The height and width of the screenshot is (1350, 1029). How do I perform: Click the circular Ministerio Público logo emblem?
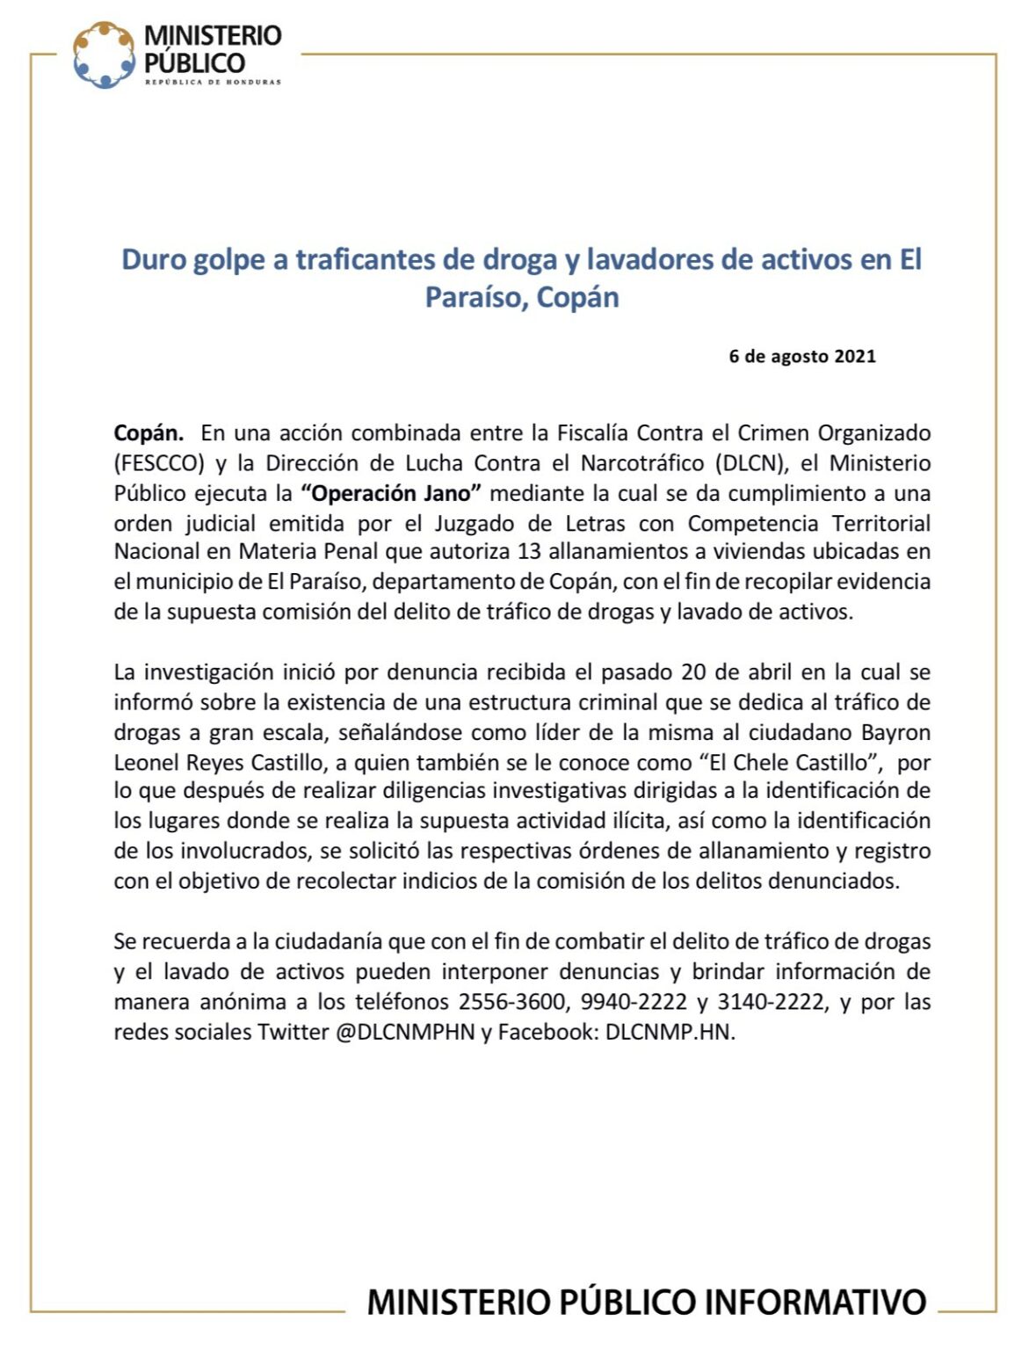pyautogui.click(x=105, y=54)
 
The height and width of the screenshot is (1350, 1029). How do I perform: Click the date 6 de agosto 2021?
pyautogui.click(x=801, y=356)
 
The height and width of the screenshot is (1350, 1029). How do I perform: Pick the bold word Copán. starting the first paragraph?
pyautogui.click(x=149, y=433)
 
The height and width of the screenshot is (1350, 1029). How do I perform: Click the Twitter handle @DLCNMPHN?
pyautogui.click(x=405, y=1032)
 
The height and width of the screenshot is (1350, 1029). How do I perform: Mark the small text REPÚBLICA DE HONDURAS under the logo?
pyautogui.click(x=213, y=83)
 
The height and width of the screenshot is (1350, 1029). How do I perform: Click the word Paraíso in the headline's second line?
pyautogui.click(x=475, y=298)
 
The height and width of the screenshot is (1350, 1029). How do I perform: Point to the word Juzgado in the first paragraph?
pyautogui.click(x=472, y=523)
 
